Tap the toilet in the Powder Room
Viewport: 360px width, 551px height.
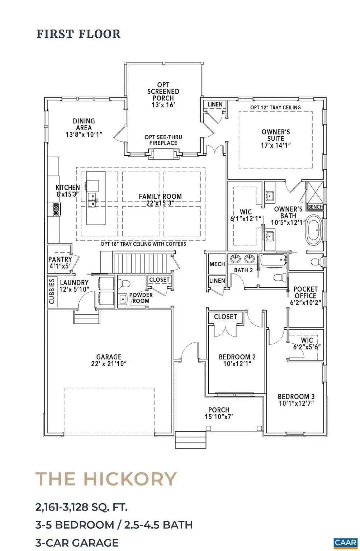(124, 283)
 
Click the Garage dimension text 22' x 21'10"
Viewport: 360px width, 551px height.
(109, 363)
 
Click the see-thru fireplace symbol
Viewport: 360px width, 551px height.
(163, 154)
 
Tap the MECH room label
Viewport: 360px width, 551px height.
(217, 264)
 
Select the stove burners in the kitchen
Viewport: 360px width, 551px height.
(57, 209)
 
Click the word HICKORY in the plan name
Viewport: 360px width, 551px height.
(130, 479)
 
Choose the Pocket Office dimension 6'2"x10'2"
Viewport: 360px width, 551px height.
(305, 302)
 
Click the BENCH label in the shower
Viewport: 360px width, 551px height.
(315, 207)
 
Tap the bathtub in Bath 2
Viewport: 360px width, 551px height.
(273, 260)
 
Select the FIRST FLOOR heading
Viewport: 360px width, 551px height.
(79, 34)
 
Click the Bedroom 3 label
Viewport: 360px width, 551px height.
(296, 396)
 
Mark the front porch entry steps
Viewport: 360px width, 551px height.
(190, 439)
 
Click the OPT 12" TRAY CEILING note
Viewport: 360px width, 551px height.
(275, 108)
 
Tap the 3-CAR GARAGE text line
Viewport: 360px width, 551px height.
(77, 542)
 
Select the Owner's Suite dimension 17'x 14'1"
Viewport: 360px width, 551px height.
(276, 145)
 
